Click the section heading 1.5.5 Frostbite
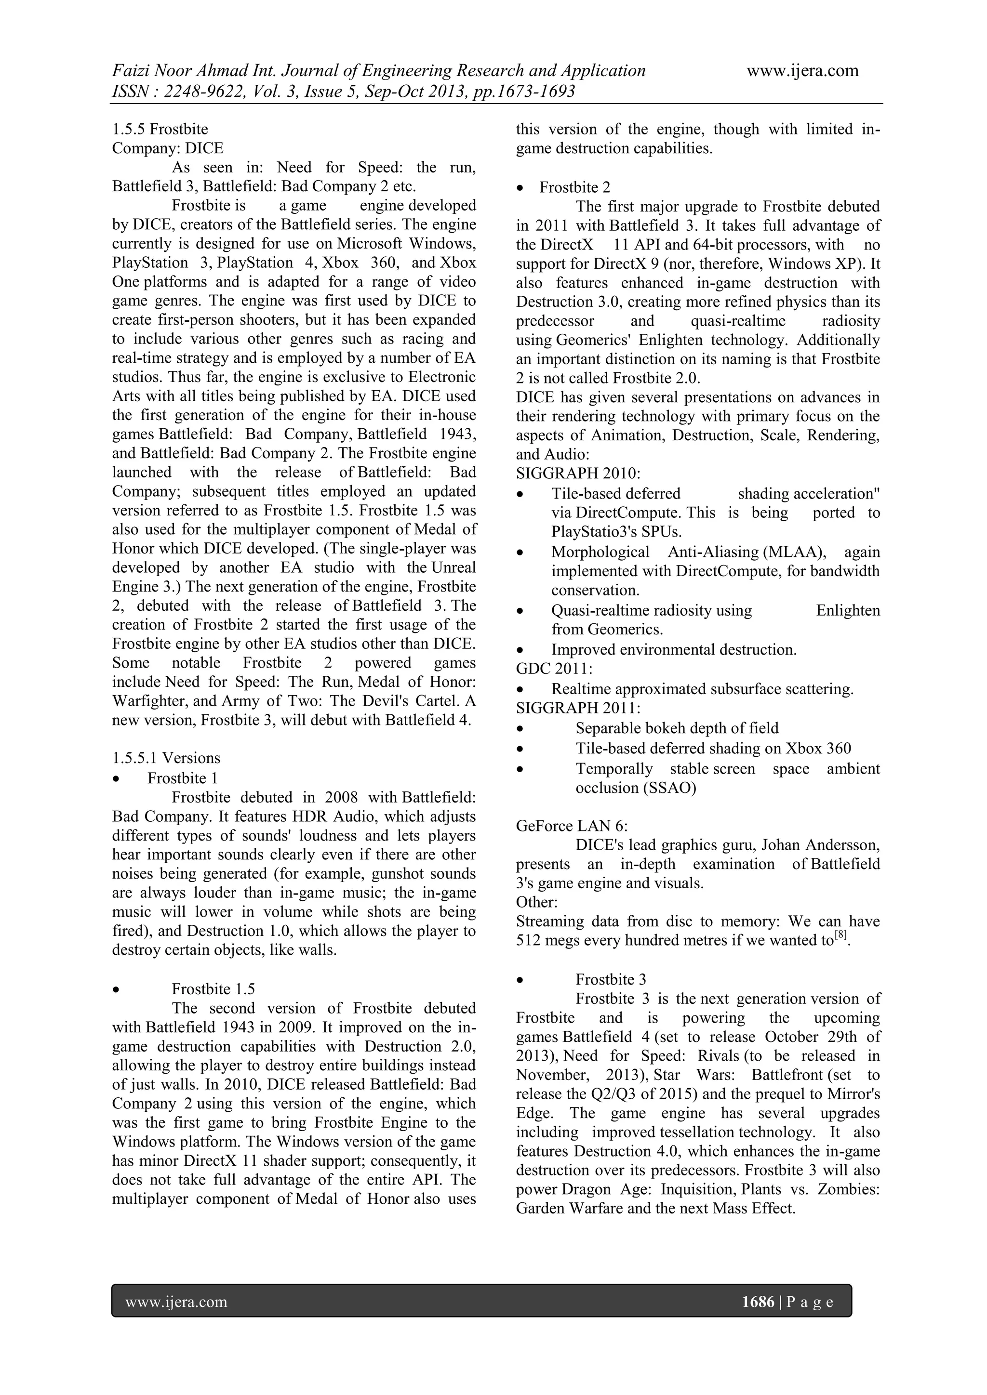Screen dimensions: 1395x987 (160, 130)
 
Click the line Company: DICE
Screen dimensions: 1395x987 (167, 148)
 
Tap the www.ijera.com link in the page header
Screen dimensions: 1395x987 (802, 70)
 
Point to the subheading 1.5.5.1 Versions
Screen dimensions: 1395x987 (166, 758)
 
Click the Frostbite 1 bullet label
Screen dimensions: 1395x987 (182, 778)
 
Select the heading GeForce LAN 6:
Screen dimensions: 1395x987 (571, 826)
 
